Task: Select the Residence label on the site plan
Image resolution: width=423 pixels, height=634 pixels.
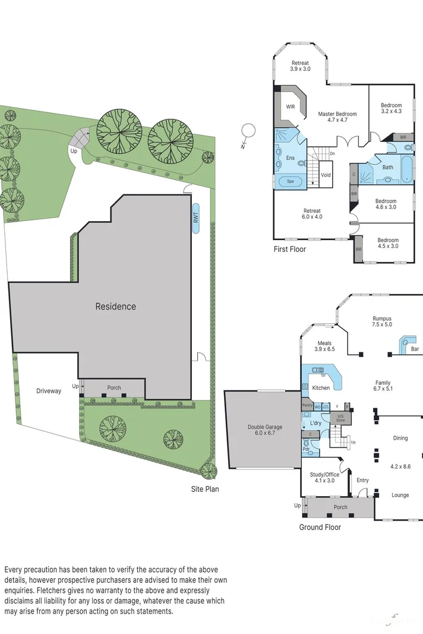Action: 116,307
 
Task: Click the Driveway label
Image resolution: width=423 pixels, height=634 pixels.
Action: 49,391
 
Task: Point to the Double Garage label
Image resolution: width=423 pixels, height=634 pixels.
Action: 265,430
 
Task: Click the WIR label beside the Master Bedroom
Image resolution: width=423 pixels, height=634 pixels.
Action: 291,107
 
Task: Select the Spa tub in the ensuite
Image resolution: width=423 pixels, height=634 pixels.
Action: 291,181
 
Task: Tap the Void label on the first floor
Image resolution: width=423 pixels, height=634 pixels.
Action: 326,175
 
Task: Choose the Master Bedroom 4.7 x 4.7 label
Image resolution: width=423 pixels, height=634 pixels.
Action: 337,116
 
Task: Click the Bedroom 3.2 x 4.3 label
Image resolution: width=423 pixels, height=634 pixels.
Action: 391,108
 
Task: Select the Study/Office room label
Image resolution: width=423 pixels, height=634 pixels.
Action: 324,477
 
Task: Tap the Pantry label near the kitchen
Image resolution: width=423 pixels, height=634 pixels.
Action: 307,405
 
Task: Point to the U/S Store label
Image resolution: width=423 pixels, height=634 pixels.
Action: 340,418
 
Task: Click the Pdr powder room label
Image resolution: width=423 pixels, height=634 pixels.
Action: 306,449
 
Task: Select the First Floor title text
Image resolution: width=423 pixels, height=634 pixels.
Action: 289,249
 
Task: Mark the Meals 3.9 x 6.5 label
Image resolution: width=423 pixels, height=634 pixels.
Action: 324,346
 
